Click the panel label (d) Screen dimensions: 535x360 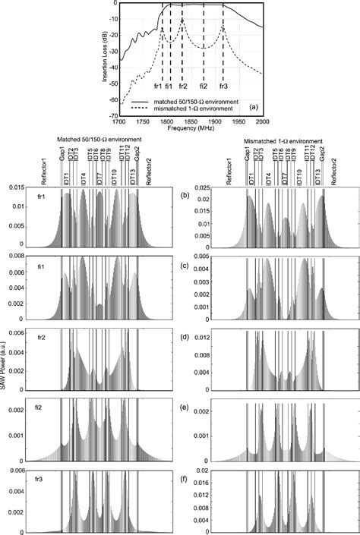pyautogui.click(x=186, y=335)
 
